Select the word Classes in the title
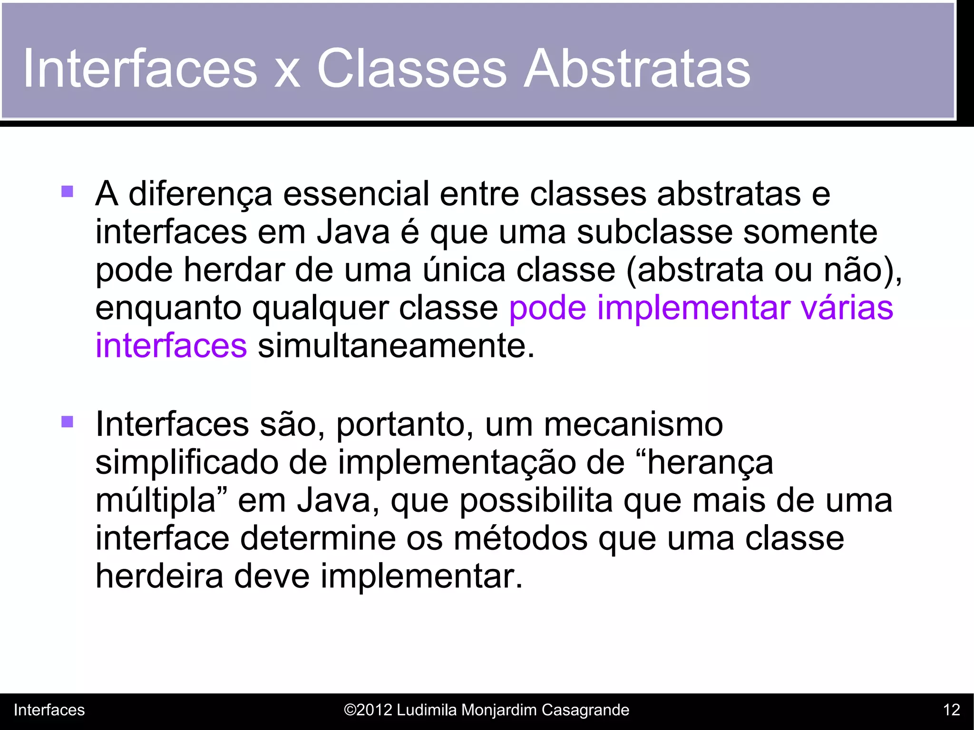412,69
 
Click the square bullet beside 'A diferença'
67,192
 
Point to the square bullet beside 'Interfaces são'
67,422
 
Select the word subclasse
654,232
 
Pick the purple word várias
847,307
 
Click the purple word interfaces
171,346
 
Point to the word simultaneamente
396,346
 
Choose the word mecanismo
633,424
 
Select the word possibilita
536,501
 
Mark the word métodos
520,538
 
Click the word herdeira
159,576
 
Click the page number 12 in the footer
951,710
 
